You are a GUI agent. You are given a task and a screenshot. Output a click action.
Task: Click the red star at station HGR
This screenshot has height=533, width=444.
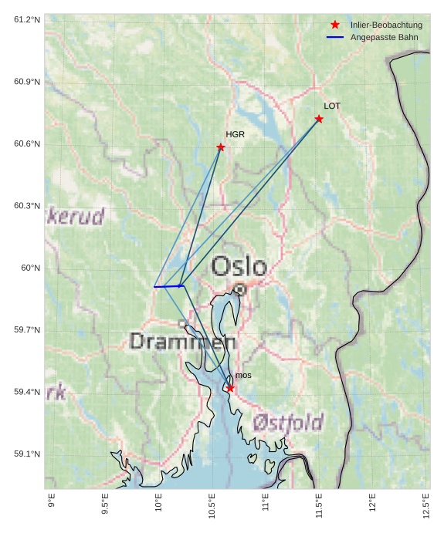point(221,147)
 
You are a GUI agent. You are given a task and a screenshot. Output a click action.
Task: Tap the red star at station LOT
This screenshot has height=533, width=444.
point(319,119)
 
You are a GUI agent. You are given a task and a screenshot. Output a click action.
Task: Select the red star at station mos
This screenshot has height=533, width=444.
point(230,388)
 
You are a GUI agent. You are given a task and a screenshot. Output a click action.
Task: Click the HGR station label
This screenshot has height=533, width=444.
point(235,134)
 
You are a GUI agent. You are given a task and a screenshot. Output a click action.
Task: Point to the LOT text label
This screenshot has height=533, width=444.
point(332,106)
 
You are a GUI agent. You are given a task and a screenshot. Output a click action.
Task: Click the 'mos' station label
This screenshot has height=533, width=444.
point(243,376)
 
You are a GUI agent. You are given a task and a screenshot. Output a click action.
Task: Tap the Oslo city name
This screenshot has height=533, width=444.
point(239,267)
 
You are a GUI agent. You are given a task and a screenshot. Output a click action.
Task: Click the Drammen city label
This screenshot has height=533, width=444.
point(182,341)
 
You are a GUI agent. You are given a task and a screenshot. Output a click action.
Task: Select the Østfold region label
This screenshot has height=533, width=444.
point(287,423)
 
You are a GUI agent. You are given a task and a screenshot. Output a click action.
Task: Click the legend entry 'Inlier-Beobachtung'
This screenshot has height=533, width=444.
point(386,25)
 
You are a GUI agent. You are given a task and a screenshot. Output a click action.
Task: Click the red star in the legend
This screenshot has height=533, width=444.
point(335,25)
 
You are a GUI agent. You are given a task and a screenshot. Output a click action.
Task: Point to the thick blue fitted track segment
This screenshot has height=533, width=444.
point(168,286)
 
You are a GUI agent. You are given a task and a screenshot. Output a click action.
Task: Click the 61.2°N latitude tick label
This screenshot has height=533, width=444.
point(27,19)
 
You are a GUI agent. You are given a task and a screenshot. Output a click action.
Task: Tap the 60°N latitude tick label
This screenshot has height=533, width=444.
point(31,268)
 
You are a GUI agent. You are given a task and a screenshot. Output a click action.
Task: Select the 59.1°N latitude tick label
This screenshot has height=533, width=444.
point(27,454)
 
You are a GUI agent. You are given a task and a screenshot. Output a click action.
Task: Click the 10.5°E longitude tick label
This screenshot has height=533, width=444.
point(212,504)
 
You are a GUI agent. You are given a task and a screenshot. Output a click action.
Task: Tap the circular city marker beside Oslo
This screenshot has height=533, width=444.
point(239,289)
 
